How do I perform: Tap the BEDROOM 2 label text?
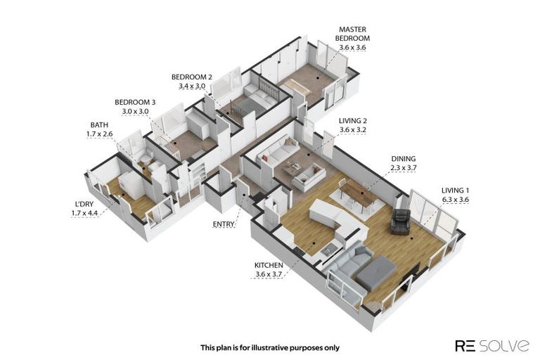(192, 77)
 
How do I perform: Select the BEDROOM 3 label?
(135, 102)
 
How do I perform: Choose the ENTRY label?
(223, 224)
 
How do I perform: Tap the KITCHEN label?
(269, 265)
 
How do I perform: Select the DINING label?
(404, 159)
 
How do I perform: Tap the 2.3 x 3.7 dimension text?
(404, 168)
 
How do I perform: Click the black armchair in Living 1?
(401, 221)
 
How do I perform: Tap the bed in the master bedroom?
(298, 86)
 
